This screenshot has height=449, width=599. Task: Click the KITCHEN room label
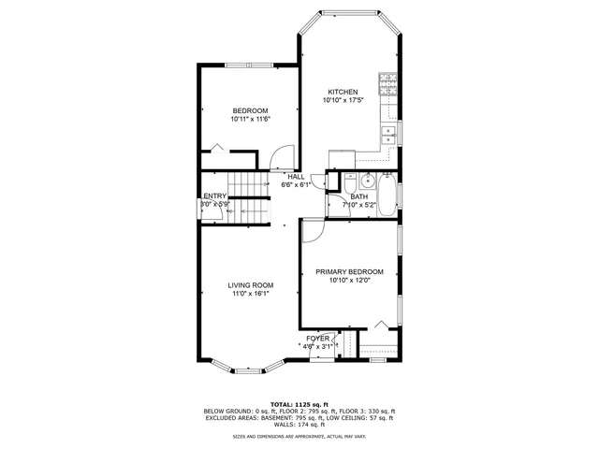pos(342,92)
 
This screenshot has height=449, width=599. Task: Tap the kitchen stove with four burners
pos(387,85)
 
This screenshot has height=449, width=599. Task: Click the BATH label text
pos(346,196)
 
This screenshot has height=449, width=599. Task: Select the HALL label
pos(296,177)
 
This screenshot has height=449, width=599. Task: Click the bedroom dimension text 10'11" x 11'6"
pos(250,119)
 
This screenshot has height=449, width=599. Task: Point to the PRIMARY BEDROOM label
pos(349,271)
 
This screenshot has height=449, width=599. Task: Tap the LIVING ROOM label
pos(250,285)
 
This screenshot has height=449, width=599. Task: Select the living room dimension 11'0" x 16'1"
pos(250,294)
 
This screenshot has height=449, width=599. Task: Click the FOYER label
pos(317,338)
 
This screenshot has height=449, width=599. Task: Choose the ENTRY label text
pos(214,196)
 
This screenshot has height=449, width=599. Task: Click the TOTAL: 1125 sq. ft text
pos(299,404)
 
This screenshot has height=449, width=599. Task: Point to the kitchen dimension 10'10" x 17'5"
pos(342,100)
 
